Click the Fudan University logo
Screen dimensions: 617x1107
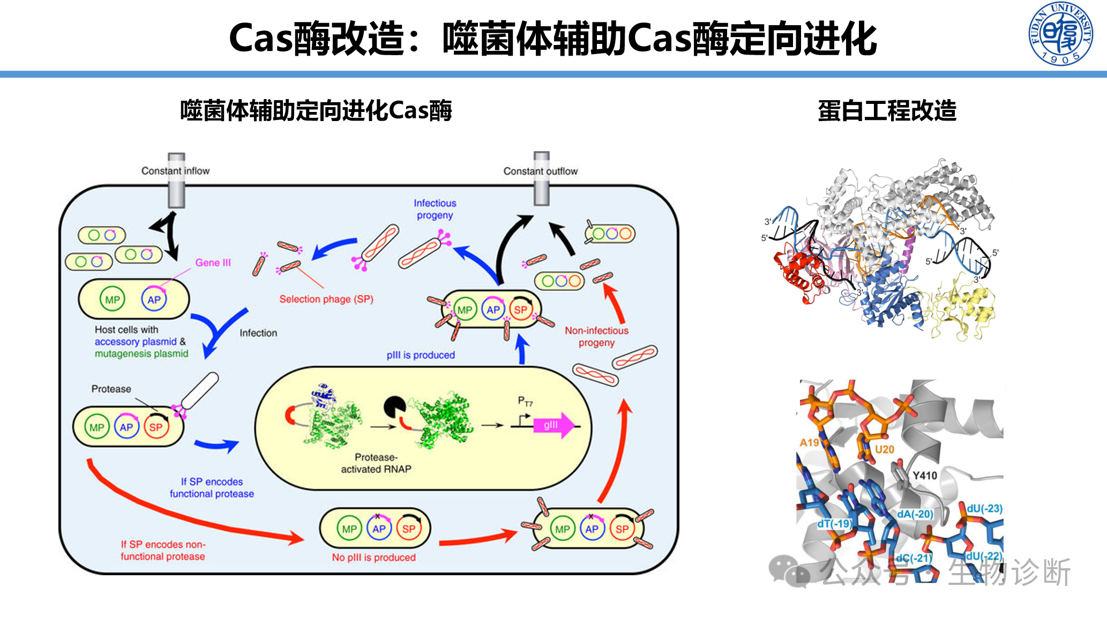point(1060,33)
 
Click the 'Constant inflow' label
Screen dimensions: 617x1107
point(175,171)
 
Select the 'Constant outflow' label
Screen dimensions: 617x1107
point(540,171)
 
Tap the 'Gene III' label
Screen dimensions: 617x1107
point(213,262)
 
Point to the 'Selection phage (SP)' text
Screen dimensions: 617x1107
point(326,299)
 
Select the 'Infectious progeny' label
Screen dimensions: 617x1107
point(435,209)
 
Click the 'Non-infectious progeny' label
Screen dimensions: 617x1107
point(596,336)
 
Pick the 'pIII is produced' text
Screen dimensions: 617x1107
point(421,355)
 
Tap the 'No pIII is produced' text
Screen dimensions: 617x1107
point(373,558)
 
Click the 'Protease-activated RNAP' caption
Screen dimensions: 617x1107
point(376,463)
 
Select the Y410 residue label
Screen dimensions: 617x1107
point(924,476)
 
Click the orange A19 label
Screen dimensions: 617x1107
point(809,442)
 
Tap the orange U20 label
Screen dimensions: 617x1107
point(884,449)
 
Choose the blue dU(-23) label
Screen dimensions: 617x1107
point(984,508)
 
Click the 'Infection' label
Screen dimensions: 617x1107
point(258,333)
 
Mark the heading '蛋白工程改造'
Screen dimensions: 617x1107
point(887,111)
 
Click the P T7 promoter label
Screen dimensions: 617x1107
point(525,401)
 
